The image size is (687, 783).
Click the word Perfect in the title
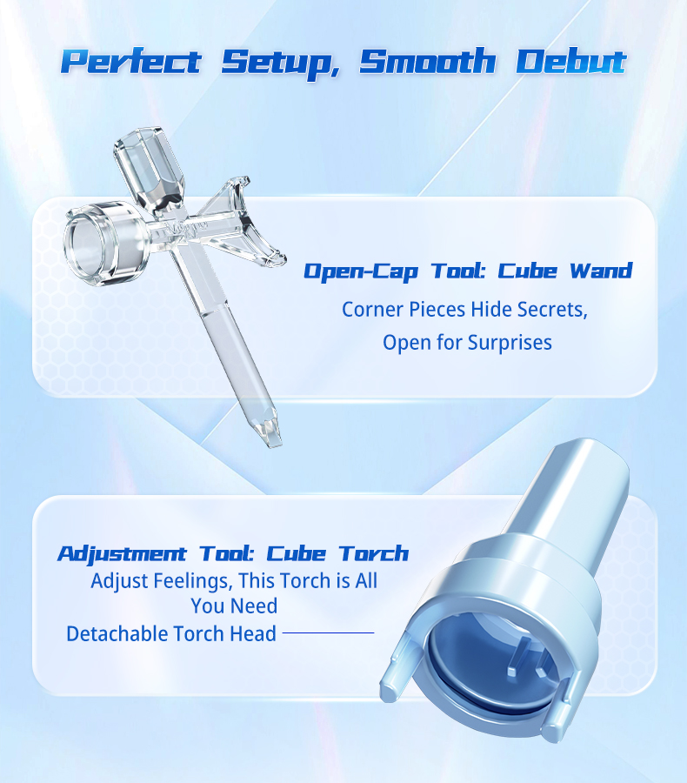pyautogui.click(x=130, y=62)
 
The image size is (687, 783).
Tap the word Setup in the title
pyautogui.click(x=281, y=63)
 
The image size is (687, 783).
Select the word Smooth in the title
pyautogui.click(x=427, y=61)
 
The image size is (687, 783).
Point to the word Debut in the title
pyautogui.click(x=571, y=61)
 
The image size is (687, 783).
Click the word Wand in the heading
pyautogui.click(x=601, y=271)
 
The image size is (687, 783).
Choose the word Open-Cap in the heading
pyautogui.click(x=361, y=271)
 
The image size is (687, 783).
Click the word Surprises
pyautogui.click(x=510, y=343)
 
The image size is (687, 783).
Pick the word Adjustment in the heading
pyautogui.click(x=122, y=554)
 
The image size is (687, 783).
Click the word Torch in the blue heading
pyautogui.click(x=373, y=553)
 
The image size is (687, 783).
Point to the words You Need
pyautogui.click(x=234, y=606)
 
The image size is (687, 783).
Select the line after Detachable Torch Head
pyautogui.click(x=328, y=632)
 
